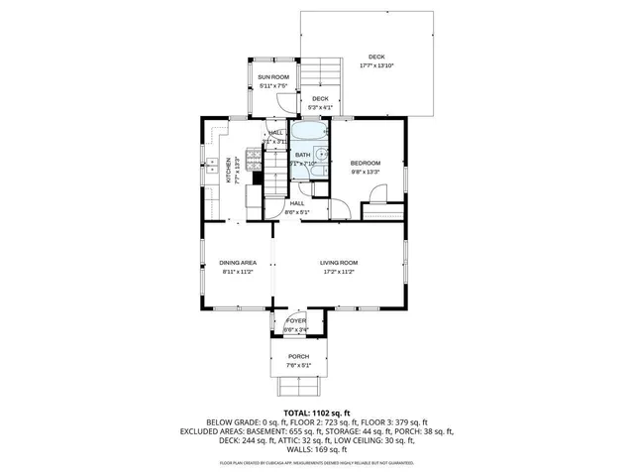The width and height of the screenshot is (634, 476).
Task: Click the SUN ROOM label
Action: pos(272,76)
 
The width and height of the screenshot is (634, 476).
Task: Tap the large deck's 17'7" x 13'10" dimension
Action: pos(376,65)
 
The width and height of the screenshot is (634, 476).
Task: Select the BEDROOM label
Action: pos(365,163)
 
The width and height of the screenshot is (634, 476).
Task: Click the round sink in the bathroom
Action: pos(321,154)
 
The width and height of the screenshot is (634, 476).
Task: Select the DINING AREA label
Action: pos(238,263)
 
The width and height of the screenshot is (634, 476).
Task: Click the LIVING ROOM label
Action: pos(338,263)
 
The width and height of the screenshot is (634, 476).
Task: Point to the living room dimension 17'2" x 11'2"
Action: pos(338,272)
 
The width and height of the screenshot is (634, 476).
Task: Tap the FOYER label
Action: pos(296,321)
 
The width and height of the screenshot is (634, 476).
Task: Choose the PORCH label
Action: pos(298,356)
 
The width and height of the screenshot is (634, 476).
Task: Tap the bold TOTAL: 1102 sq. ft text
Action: pos(317,413)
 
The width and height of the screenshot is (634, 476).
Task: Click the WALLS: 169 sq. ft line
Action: pos(317,449)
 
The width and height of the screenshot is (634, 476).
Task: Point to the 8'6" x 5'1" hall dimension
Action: pos(297,212)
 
